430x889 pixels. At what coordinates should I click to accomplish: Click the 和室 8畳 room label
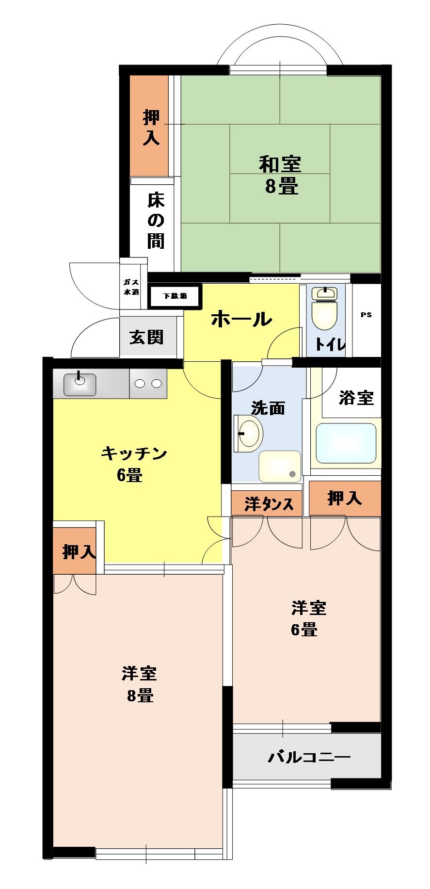click(281, 175)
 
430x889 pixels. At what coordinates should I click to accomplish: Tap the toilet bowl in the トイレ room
click(324, 315)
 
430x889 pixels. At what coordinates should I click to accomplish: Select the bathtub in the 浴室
click(346, 443)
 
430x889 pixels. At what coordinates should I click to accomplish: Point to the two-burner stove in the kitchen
click(148, 384)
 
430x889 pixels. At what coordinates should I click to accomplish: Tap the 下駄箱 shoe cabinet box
click(175, 296)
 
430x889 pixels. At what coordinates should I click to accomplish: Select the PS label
click(366, 315)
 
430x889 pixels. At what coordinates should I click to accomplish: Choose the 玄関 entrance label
click(146, 337)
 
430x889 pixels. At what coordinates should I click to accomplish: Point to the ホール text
click(241, 319)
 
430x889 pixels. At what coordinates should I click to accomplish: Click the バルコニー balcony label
click(309, 756)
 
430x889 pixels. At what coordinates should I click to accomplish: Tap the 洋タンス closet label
click(269, 504)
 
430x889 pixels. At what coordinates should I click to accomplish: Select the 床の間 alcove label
click(156, 220)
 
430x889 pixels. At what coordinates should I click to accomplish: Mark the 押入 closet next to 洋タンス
click(344, 498)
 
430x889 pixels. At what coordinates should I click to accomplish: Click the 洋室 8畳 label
click(140, 684)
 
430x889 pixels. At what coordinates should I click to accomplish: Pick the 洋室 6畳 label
click(308, 618)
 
